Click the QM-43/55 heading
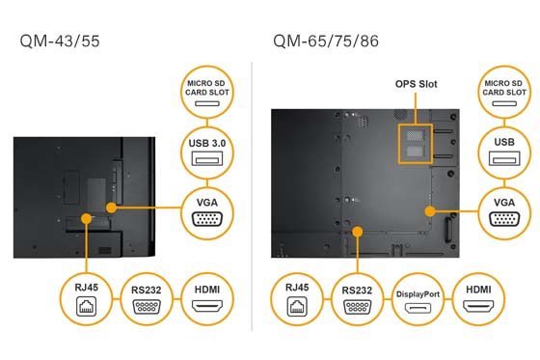click(57, 42)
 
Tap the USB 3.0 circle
click(206, 152)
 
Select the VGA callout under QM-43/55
click(206, 210)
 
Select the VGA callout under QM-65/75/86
click(502, 210)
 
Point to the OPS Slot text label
click(416, 84)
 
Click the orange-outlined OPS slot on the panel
click(416, 141)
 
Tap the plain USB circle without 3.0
click(502, 152)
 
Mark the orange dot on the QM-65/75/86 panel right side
click(429, 208)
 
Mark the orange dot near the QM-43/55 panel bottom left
click(87, 218)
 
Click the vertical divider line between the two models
click(252, 193)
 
